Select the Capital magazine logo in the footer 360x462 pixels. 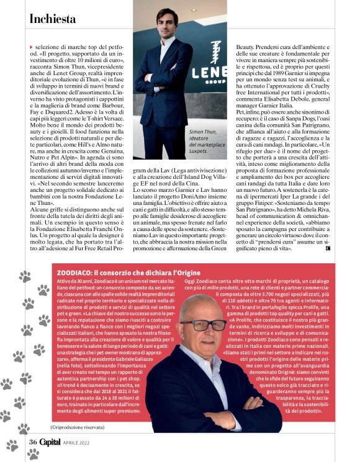pos(51,442)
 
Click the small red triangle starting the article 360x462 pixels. pos(31,47)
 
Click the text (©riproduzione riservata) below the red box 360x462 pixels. pos(78,427)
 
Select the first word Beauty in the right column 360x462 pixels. pos(248,47)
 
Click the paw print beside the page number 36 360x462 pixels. pos(13,444)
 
